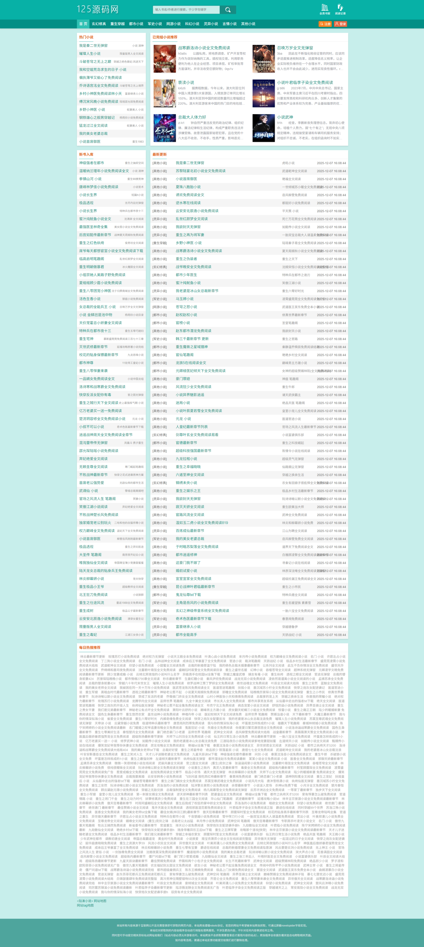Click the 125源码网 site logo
pos(98,9)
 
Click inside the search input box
pos(186,9)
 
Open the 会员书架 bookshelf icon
pos(325,9)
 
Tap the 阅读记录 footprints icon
pos(340,9)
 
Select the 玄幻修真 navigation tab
pos(99,24)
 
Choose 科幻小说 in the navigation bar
pos(192,24)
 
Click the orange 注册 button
pos(325,24)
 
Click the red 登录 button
pos(340,24)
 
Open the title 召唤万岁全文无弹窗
pos(295,48)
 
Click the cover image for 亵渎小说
pos(164,93)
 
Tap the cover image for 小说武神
pos(264,128)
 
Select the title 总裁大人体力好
pos(192,117)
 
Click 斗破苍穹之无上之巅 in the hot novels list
pos(95,61)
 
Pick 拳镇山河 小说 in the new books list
pos(90,179)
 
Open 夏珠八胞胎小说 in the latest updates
pos(188,187)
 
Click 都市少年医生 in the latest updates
pos(186,275)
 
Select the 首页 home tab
pos(83,24)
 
